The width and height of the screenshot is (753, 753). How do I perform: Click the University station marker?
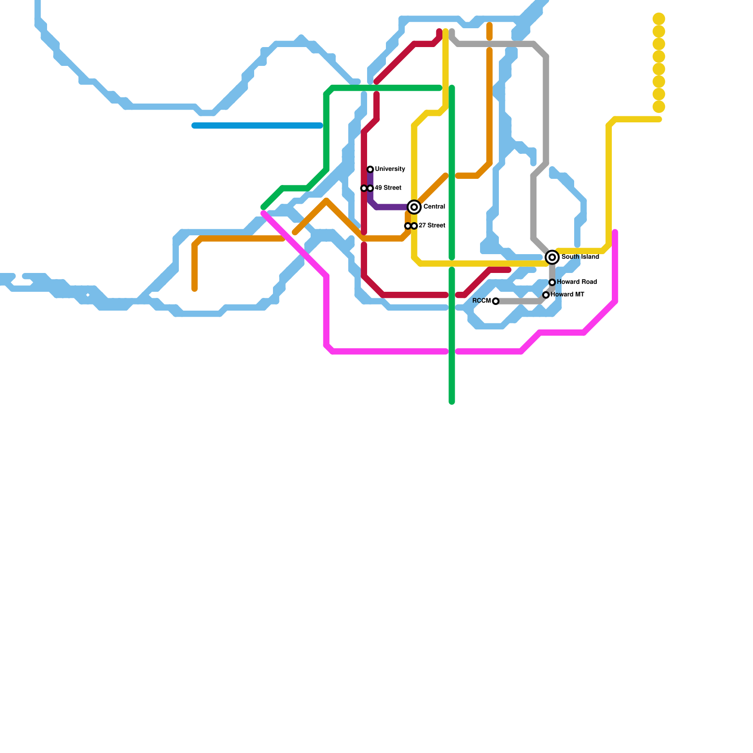(x=370, y=169)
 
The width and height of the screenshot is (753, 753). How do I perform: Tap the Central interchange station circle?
(x=414, y=207)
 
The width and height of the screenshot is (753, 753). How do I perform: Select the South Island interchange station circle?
(x=553, y=257)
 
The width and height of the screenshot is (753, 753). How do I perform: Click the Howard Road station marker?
(x=553, y=282)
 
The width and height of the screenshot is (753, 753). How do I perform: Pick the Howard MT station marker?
(x=546, y=295)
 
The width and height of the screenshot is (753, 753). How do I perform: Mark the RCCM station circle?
(x=496, y=301)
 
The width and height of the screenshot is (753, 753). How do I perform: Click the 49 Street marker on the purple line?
(x=370, y=188)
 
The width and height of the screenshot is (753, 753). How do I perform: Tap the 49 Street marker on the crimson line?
(x=364, y=188)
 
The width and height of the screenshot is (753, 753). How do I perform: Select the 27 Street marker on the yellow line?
(x=414, y=226)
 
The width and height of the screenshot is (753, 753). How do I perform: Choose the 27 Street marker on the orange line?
(x=408, y=226)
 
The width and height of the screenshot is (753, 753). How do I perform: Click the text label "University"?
(x=390, y=169)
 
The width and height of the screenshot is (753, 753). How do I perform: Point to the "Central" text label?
(x=434, y=207)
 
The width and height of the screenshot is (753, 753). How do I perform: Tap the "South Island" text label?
(x=580, y=257)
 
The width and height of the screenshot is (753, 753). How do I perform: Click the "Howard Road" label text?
(x=577, y=282)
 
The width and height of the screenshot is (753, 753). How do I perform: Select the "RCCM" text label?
(x=481, y=301)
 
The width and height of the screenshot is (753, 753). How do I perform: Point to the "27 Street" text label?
(x=432, y=225)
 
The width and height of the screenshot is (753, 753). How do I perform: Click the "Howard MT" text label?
(x=568, y=295)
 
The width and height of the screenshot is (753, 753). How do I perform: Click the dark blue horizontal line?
(x=257, y=126)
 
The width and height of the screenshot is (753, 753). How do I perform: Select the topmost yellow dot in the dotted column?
(x=659, y=19)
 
